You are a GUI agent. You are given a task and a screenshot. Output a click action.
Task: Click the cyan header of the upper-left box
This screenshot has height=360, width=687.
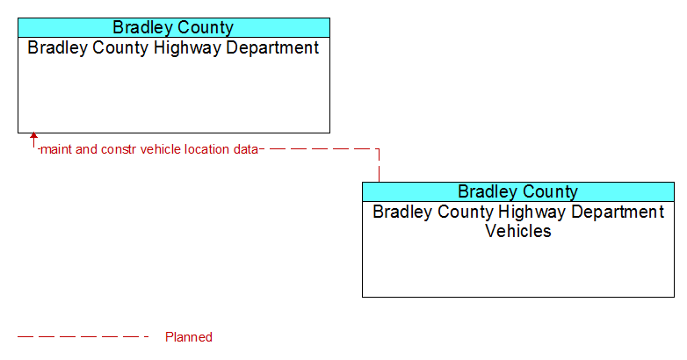(x=174, y=27)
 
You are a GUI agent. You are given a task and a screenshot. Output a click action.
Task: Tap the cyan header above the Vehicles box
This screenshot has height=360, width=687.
(x=518, y=191)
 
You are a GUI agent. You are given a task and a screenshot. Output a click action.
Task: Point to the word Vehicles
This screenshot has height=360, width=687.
(x=518, y=231)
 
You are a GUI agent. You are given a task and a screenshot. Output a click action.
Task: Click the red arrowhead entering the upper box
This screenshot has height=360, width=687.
(x=33, y=136)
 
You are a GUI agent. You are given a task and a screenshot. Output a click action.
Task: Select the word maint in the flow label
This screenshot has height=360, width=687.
(x=56, y=149)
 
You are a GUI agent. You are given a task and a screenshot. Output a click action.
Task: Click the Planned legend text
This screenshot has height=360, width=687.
(x=189, y=337)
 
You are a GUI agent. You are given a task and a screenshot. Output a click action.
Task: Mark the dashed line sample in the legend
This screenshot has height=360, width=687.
(x=83, y=337)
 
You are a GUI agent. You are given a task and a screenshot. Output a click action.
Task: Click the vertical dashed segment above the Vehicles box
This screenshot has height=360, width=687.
(x=379, y=166)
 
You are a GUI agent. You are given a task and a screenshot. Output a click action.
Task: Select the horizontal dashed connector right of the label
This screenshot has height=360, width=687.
(x=320, y=149)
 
